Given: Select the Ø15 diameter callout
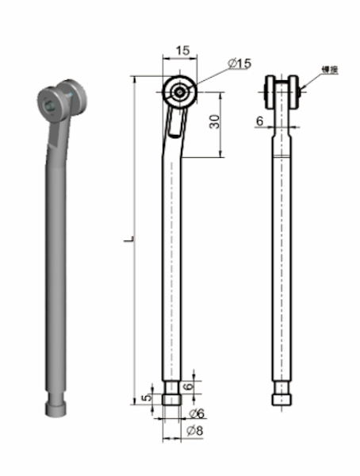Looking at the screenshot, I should click(x=239, y=63).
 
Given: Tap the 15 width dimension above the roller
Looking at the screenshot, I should click(x=182, y=51).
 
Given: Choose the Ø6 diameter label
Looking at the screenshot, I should click(x=197, y=413).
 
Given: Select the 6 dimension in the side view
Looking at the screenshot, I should click(x=259, y=121).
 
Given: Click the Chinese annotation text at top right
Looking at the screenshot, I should click(x=329, y=70).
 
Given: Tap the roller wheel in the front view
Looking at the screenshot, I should click(x=180, y=92).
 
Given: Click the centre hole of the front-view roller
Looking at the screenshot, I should click(x=180, y=92).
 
